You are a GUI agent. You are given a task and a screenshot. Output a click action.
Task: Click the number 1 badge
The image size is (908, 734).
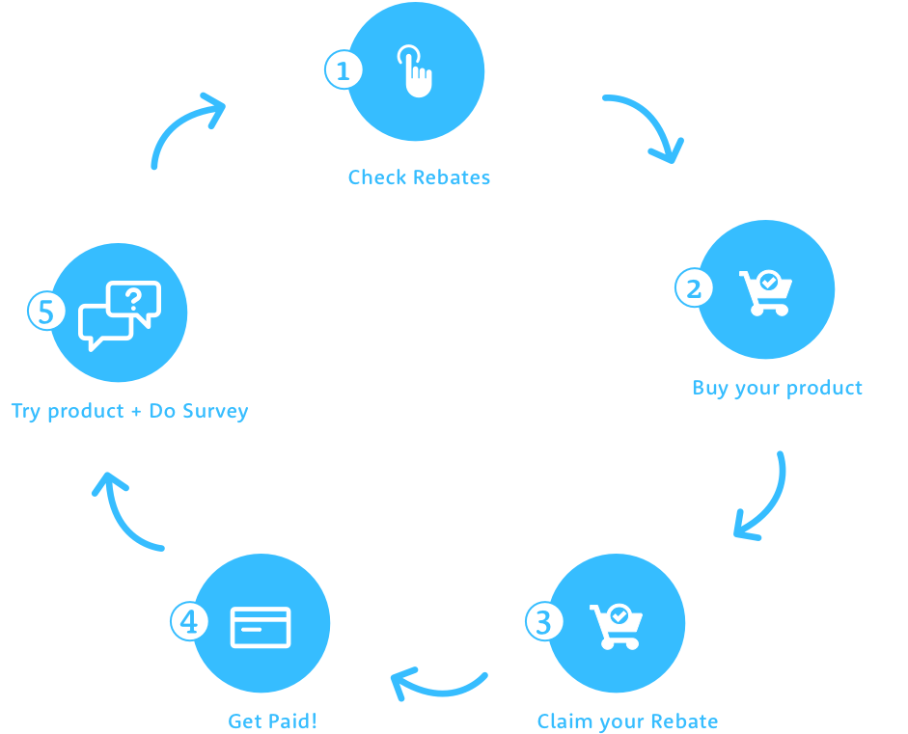pos(343,70)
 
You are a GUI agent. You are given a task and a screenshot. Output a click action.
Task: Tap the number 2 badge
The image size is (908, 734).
pos(693,288)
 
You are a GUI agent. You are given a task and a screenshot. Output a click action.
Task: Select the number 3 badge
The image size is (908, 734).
pos(543,622)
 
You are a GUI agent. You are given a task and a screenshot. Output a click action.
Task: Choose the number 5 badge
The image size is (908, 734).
pos(45,312)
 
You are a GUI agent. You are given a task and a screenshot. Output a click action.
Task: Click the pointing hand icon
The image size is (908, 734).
pos(416,70)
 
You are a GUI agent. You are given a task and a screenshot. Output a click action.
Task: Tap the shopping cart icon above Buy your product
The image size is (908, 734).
pos(766,292)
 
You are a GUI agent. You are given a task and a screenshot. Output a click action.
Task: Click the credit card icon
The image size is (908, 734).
pos(261,626)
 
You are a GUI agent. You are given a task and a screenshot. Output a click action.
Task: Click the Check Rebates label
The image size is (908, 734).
pos(419,177)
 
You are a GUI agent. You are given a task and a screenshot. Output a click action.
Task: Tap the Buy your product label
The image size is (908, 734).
pos(777,388)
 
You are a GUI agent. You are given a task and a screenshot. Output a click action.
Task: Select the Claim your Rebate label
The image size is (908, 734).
pos(627,721)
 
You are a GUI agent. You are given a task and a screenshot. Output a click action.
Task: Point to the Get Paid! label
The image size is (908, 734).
pos(272,721)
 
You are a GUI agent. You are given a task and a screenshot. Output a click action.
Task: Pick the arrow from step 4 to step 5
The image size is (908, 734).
pos(124,511)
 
